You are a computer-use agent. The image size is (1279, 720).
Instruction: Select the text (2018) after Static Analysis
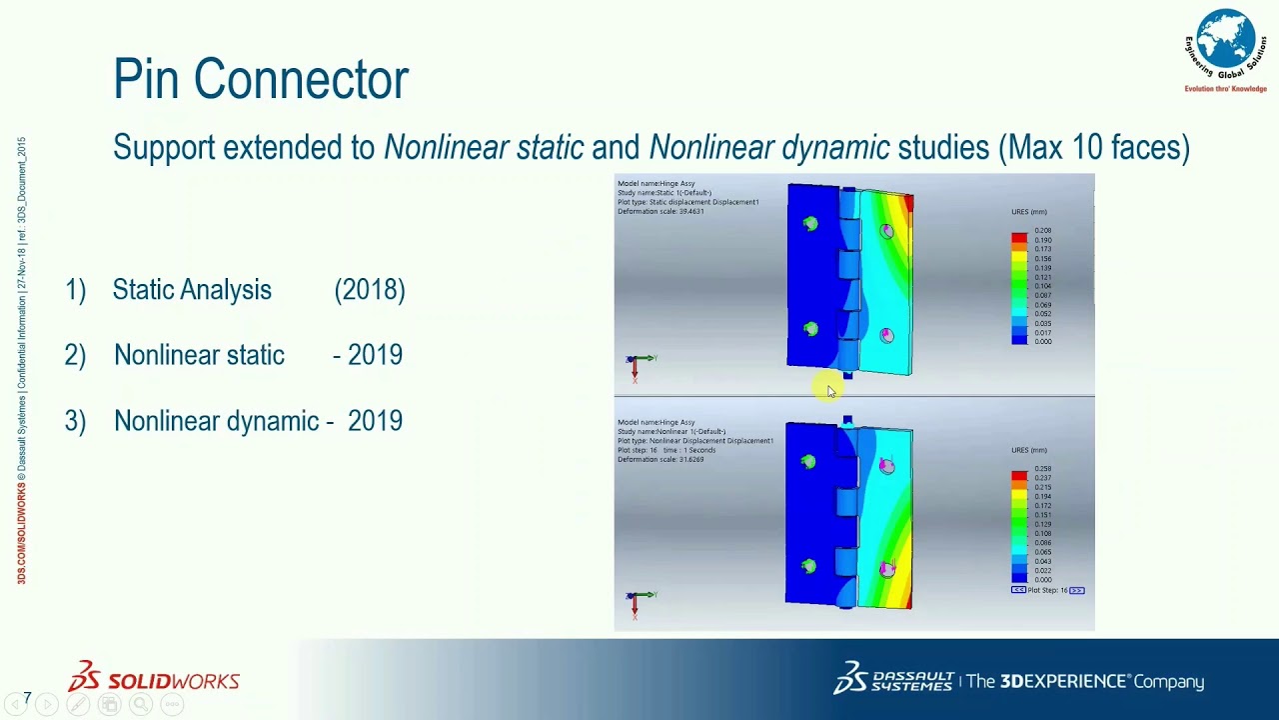pyautogui.click(x=370, y=290)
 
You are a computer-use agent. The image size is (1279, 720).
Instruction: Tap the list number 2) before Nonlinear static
pyautogui.click(x=75, y=356)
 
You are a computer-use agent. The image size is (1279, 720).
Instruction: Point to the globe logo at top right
pyautogui.click(x=1225, y=44)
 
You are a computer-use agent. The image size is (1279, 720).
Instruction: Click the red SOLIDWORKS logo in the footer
pyautogui.click(x=154, y=679)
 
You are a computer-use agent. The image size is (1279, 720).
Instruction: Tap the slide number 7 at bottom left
pyautogui.click(x=27, y=697)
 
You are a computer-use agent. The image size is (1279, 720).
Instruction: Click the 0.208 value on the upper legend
pyautogui.click(x=1042, y=231)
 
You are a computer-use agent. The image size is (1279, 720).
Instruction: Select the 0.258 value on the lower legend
pyautogui.click(x=1042, y=469)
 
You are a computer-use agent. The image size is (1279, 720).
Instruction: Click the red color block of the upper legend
pyautogui.click(x=1018, y=238)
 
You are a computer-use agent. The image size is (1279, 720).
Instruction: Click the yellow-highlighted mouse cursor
pyautogui.click(x=829, y=391)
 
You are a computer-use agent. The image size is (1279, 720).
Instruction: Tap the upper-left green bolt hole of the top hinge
pyautogui.click(x=810, y=224)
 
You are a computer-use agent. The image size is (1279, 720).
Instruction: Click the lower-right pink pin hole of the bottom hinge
pyautogui.click(x=886, y=569)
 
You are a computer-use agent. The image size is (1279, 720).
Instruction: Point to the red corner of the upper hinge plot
pyautogui.click(x=907, y=203)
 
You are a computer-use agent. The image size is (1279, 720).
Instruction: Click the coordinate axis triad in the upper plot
pyautogui.click(x=637, y=364)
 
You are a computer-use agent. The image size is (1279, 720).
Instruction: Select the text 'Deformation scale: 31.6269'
pyautogui.click(x=660, y=459)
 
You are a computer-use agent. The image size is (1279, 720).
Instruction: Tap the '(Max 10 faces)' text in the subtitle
pyautogui.click(x=1094, y=148)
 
